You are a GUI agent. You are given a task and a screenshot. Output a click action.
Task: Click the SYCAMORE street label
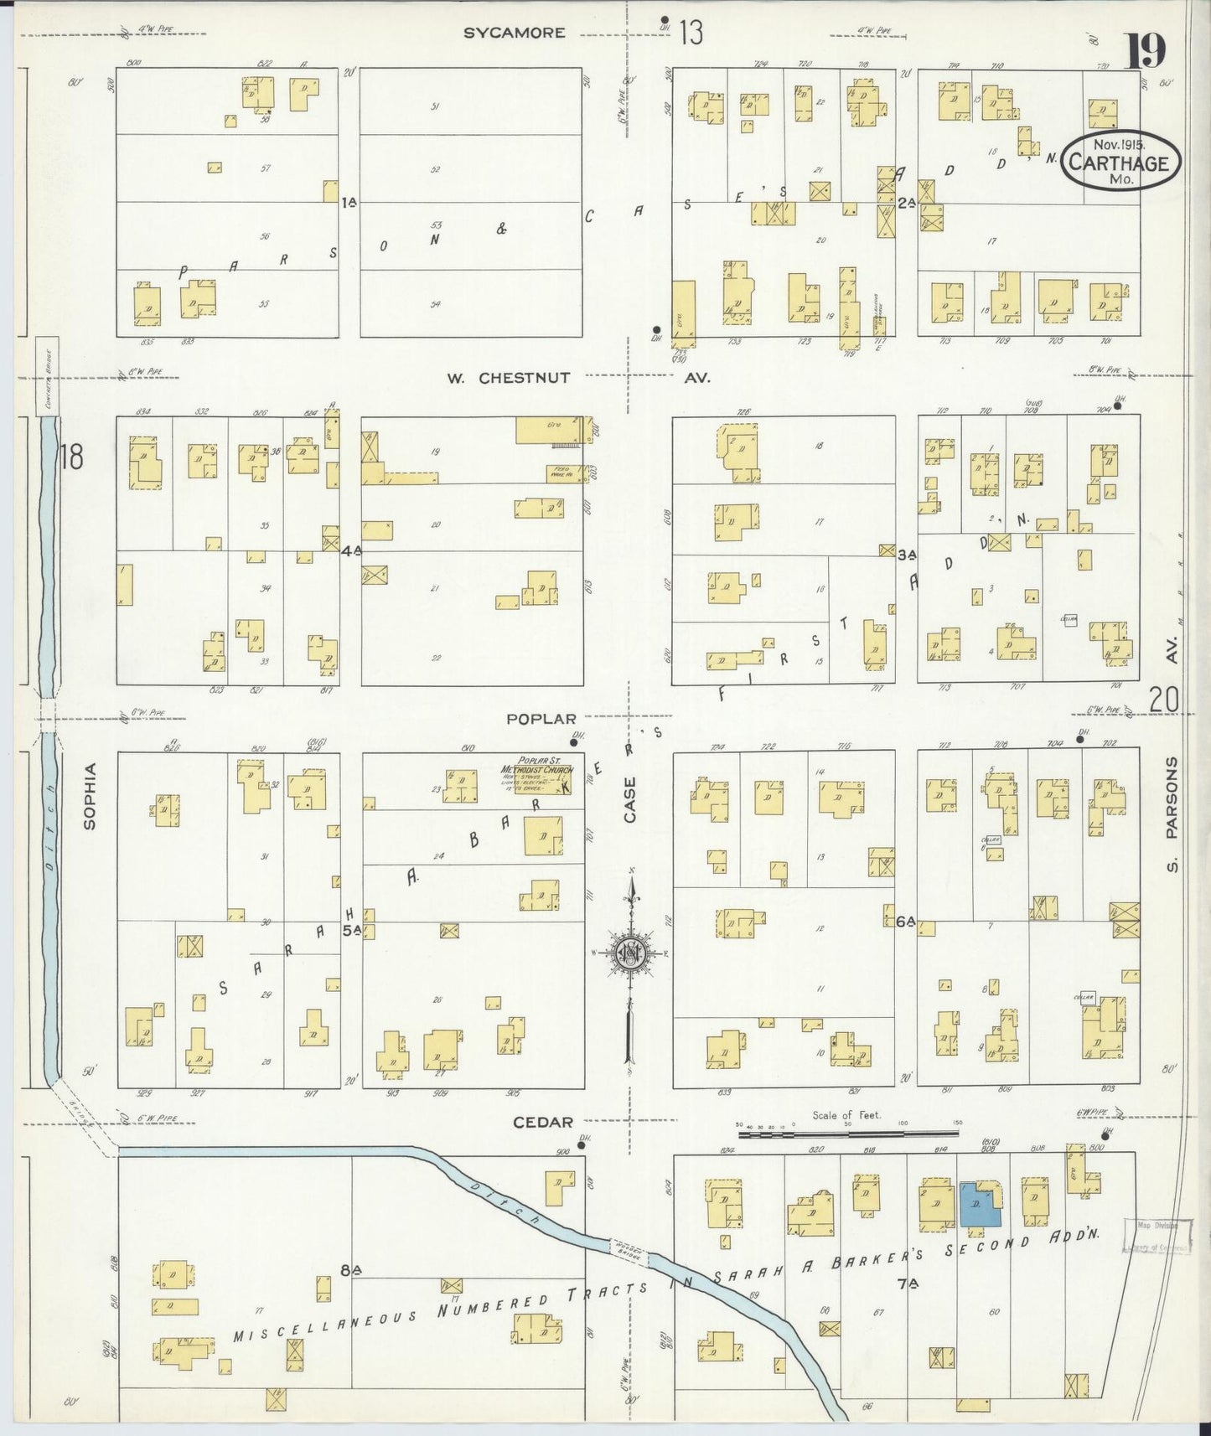tap(515, 33)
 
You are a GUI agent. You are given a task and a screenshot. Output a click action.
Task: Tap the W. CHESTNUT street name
tap(507, 378)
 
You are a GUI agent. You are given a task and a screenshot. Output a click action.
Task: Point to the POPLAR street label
tap(541, 719)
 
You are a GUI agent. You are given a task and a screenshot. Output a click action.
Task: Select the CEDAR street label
tap(544, 1122)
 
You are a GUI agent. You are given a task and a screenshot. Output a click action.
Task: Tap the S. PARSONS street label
tap(1172, 814)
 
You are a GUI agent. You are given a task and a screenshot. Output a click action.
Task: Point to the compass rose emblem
tap(629, 953)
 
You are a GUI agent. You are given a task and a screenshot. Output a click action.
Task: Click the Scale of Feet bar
tap(846, 1134)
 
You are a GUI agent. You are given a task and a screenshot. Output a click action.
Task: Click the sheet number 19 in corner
tap(1145, 52)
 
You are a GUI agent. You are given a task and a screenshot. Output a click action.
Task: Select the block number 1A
tap(349, 201)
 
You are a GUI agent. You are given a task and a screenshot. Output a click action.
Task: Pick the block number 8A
tap(350, 1270)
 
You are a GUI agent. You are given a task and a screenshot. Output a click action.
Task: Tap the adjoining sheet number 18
tap(72, 458)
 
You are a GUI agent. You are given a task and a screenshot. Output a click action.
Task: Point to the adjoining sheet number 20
tap(1164, 698)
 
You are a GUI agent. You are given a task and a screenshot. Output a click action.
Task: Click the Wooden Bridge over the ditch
tap(624, 1252)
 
